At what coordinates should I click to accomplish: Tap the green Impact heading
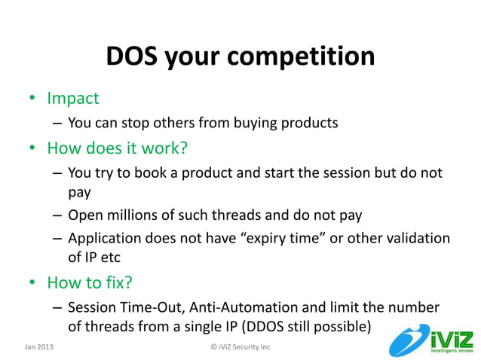point(73,98)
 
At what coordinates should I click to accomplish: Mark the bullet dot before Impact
point(32,99)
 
